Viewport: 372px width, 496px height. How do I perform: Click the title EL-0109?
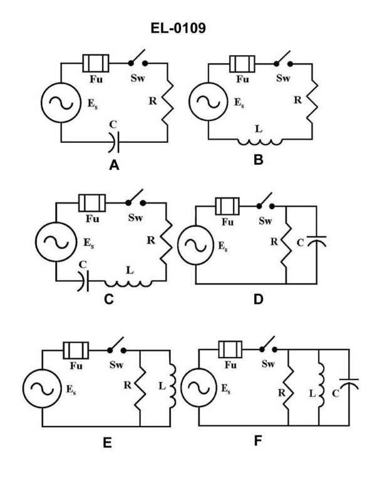pos(186,28)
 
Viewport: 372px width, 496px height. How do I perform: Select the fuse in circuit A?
pos(96,63)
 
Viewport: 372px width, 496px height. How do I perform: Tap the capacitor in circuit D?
pos(320,242)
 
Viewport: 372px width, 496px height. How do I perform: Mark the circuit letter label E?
pos(107,443)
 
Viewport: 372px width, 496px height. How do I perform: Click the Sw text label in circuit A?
pos(137,80)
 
